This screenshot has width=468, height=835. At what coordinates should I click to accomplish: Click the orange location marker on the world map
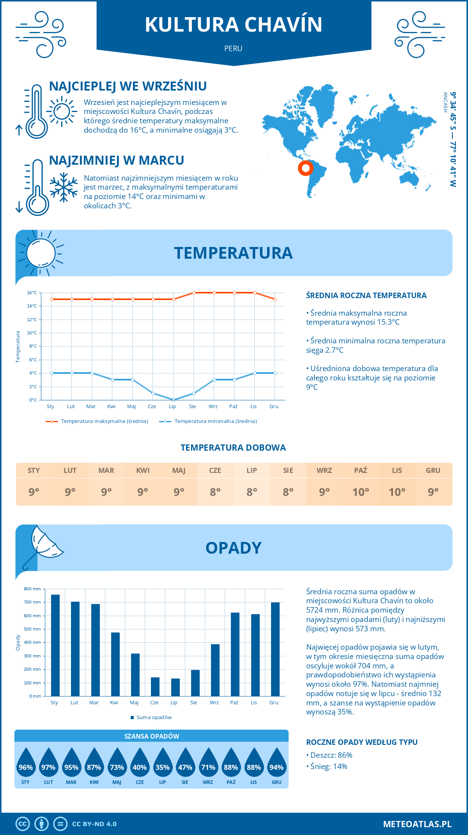tap(306, 168)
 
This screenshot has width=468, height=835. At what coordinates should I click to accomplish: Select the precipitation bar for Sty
tap(55, 645)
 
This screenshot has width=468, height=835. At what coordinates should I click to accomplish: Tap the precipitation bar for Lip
tap(175, 687)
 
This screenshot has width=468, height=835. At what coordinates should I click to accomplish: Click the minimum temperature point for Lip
tap(174, 400)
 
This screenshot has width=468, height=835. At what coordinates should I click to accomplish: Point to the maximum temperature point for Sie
tap(194, 293)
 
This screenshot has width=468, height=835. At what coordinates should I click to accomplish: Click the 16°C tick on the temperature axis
tap(32, 293)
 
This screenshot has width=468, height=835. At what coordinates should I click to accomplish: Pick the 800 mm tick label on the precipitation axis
tap(32, 589)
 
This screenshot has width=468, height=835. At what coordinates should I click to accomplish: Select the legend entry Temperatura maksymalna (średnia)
tap(104, 421)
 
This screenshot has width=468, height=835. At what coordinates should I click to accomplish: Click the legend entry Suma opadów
tap(154, 718)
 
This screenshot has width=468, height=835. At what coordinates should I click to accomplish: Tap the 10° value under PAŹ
tap(360, 492)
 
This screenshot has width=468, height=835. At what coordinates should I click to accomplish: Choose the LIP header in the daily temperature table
tap(252, 471)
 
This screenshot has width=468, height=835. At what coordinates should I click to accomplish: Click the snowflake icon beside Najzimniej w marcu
tap(64, 187)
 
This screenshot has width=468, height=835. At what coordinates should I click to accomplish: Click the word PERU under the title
tap(233, 49)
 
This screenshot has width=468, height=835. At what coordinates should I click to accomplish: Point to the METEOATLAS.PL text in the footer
tap(417, 824)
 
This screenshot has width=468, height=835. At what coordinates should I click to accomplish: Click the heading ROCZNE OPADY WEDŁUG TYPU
tap(362, 742)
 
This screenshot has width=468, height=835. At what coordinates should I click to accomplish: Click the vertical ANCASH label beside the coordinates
tap(445, 102)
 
